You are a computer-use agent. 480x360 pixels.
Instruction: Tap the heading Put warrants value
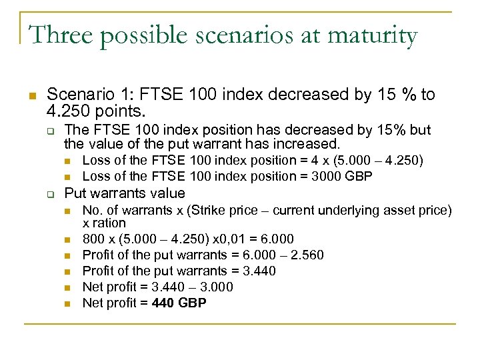tap(125, 193)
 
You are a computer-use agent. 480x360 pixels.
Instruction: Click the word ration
tap(109, 223)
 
